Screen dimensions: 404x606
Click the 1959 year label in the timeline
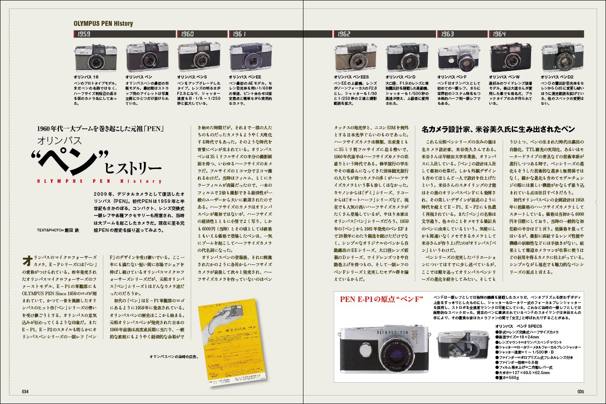84,34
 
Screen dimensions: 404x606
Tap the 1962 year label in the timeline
344,34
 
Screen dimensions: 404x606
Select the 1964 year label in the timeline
499,34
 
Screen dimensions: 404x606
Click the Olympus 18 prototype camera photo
95,58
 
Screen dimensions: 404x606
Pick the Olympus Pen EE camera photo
250,58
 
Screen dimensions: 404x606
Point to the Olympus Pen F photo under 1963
459,58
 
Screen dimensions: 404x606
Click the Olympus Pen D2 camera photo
562,58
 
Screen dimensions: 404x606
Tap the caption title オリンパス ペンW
504,77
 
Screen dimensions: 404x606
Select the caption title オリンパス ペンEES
352,77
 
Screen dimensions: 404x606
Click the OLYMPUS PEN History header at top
103,24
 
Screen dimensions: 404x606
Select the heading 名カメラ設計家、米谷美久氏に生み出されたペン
498,129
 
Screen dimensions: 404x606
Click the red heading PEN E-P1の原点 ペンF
381,299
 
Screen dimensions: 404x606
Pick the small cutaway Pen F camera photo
462,345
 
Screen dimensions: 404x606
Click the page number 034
25,392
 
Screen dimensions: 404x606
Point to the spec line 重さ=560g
509,378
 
